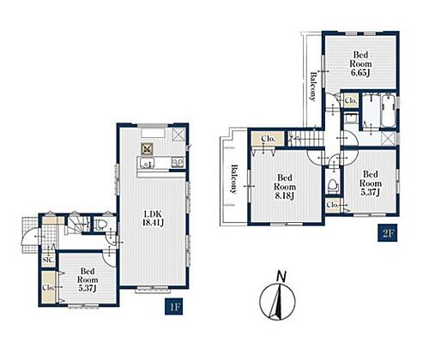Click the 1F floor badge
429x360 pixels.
coord(173,307)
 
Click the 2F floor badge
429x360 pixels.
coord(388,233)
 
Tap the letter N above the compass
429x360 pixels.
coord(281,277)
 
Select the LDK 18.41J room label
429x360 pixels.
coord(154,219)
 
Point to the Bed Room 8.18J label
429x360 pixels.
coord(285,187)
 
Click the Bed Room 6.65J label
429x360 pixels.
coord(360,63)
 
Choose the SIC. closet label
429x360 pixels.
coord(49,260)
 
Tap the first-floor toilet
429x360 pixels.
coord(100,225)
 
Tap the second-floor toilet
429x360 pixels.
coord(333,184)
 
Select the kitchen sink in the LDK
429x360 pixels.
coord(147,164)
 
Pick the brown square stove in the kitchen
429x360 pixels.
coord(148,149)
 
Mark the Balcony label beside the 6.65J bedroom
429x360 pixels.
coord(313,87)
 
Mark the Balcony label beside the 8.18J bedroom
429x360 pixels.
coord(234,179)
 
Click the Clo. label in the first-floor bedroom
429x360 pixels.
coord(48,287)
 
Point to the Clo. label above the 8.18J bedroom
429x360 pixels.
coord(268,139)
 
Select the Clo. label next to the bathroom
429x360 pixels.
coord(351,100)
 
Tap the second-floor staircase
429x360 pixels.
coord(305,138)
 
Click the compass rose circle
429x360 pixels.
coord(276,302)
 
